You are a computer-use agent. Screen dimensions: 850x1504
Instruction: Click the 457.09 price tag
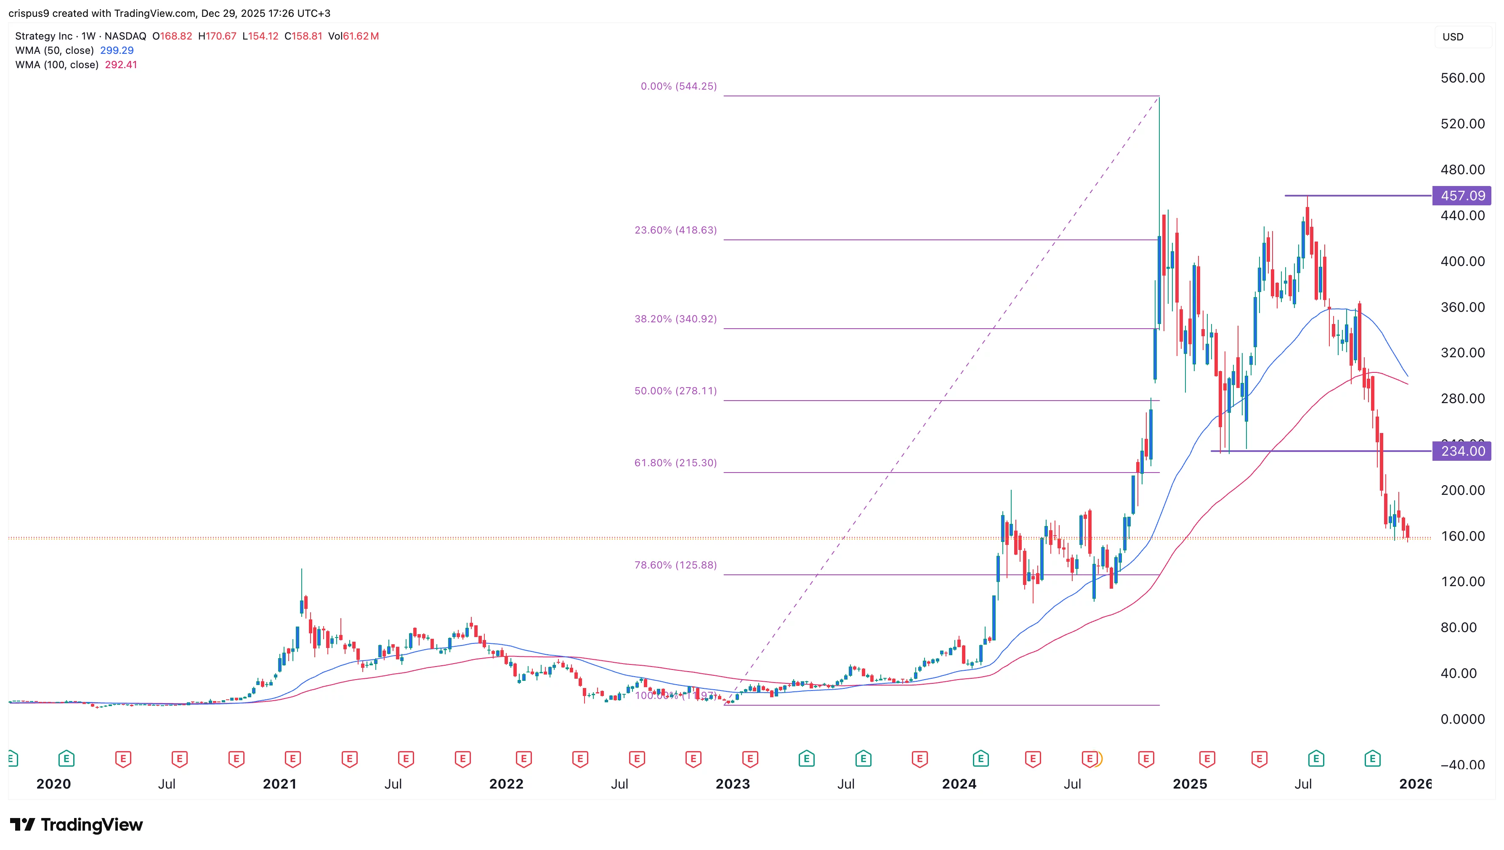1462,196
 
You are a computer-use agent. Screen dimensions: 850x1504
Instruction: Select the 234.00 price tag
1462,451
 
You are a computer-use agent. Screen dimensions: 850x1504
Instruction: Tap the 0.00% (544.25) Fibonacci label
678,86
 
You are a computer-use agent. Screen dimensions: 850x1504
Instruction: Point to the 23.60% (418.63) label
675,230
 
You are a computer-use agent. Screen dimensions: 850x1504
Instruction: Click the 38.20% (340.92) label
675,319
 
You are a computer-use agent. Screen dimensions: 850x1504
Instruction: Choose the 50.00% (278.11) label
675,390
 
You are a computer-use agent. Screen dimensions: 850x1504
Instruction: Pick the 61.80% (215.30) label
675,462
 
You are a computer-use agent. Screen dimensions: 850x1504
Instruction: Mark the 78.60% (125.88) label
675,565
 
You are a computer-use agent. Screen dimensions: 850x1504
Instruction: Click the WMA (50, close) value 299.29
117,50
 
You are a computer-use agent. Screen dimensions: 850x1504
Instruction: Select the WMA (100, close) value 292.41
121,65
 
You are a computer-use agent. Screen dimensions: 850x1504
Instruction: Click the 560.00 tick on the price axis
1462,78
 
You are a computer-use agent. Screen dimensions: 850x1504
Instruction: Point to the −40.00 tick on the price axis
1462,764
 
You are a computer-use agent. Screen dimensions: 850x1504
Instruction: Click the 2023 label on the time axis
733,784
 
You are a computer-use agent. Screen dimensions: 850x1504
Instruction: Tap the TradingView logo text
91,824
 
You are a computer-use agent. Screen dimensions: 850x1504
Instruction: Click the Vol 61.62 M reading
353,36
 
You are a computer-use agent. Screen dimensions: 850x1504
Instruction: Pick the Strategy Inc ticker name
44,36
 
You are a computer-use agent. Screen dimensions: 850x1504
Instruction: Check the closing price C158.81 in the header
303,36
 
